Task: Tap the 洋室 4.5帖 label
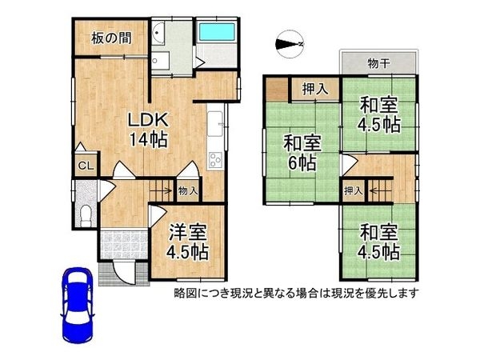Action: pos(189,242)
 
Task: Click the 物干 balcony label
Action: pos(378,63)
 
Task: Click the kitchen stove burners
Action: pos(216,158)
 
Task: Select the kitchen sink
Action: pos(216,124)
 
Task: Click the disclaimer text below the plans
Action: pos(297,293)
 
